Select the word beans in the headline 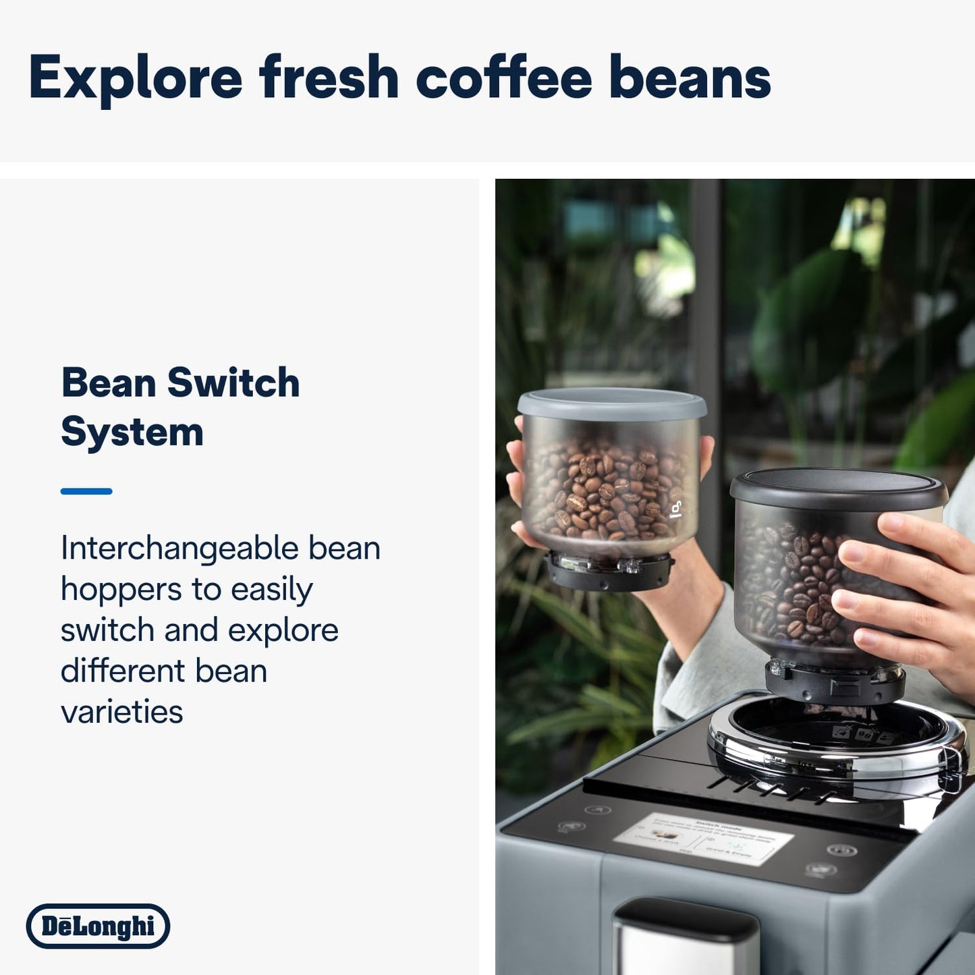coord(690,78)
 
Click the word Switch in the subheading coord(233,383)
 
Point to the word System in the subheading coord(132,433)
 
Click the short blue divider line coord(86,491)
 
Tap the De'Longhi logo coord(98,926)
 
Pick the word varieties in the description coord(121,712)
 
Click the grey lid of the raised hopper coord(611,403)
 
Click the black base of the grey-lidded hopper coord(609,571)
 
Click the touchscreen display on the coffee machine coord(703,839)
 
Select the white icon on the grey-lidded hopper coord(676,509)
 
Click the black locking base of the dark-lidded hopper coord(835,683)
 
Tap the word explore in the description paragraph coord(283,630)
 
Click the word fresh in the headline coord(329,78)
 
